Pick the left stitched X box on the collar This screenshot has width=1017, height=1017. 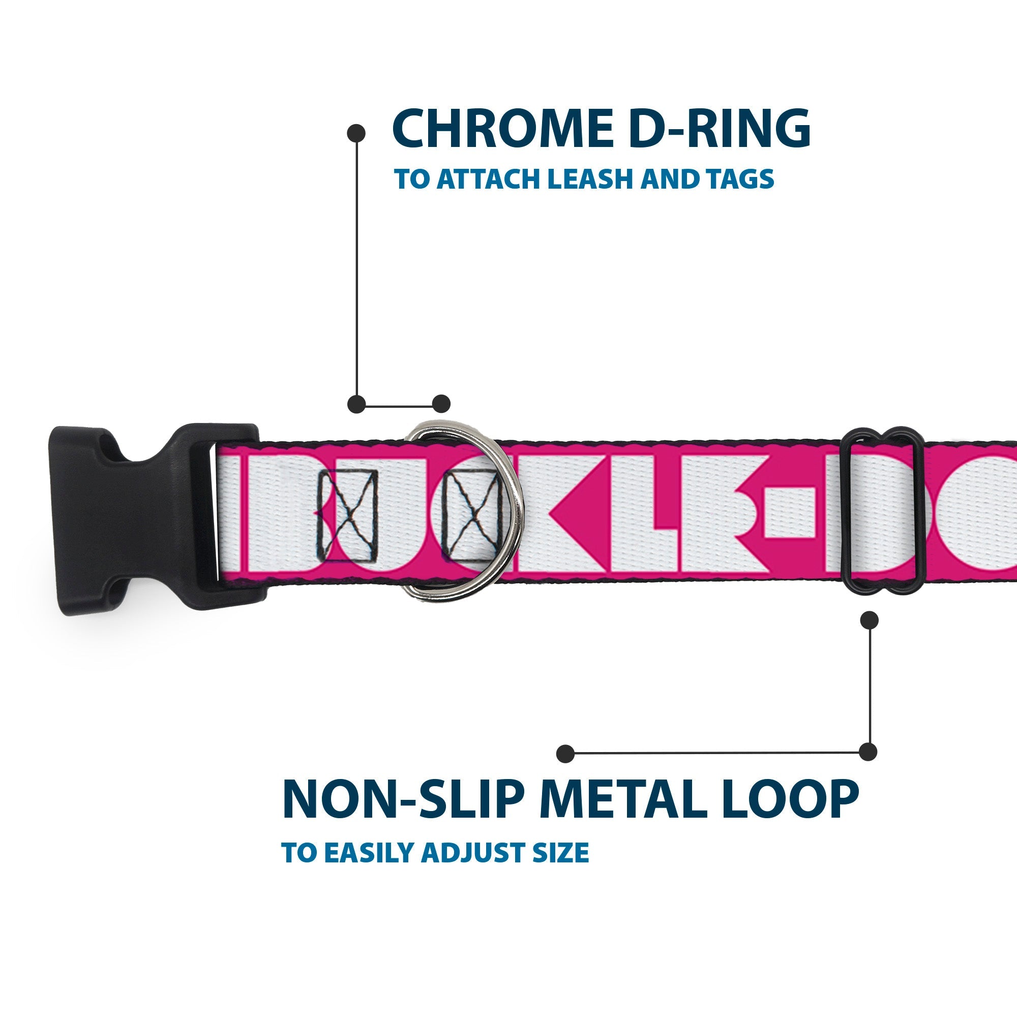pos(347,516)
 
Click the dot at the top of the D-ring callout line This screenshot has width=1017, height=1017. pos(356,133)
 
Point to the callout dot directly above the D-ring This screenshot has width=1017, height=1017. pos(441,404)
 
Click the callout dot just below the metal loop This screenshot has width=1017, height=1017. pos(869,620)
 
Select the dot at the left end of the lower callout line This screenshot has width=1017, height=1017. pos(565,753)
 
